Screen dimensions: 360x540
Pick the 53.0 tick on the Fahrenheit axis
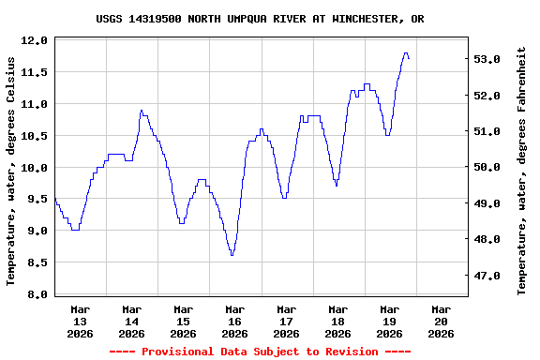pos(488,59)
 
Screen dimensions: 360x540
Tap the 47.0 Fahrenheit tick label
pos(488,276)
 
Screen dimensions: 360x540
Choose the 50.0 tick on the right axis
pos(488,168)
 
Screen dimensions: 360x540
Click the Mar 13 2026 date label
pos(81,321)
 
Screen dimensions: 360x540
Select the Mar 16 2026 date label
pos(234,321)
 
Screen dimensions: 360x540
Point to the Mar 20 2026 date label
pos(441,321)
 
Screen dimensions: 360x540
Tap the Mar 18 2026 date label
pos(337,321)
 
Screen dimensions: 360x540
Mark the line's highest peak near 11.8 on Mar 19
pos(405,53)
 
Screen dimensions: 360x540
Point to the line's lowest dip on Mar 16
pos(232,255)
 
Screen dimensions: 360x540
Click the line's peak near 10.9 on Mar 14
pos(142,111)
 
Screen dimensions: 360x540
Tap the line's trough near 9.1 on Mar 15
pos(181,223)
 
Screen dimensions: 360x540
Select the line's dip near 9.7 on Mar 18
pos(337,186)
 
